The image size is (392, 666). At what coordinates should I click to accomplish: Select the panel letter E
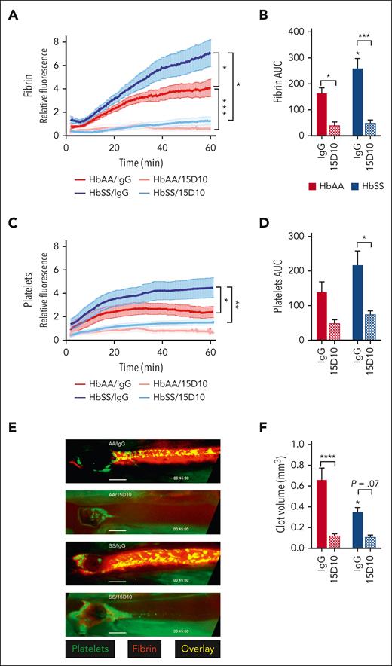click(x=12, y=426)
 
